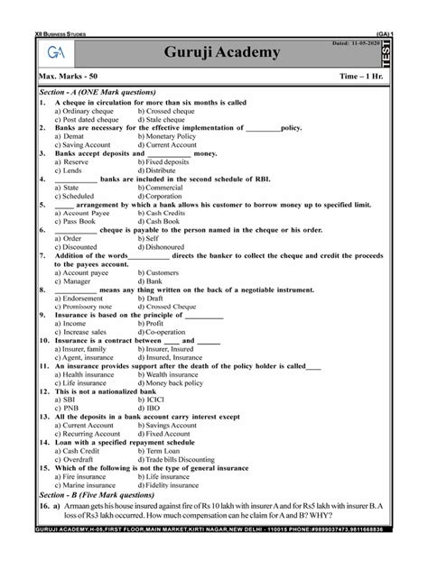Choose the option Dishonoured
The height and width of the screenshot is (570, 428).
[x=174, y=246]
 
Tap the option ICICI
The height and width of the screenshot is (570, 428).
[x=161, y=400]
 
